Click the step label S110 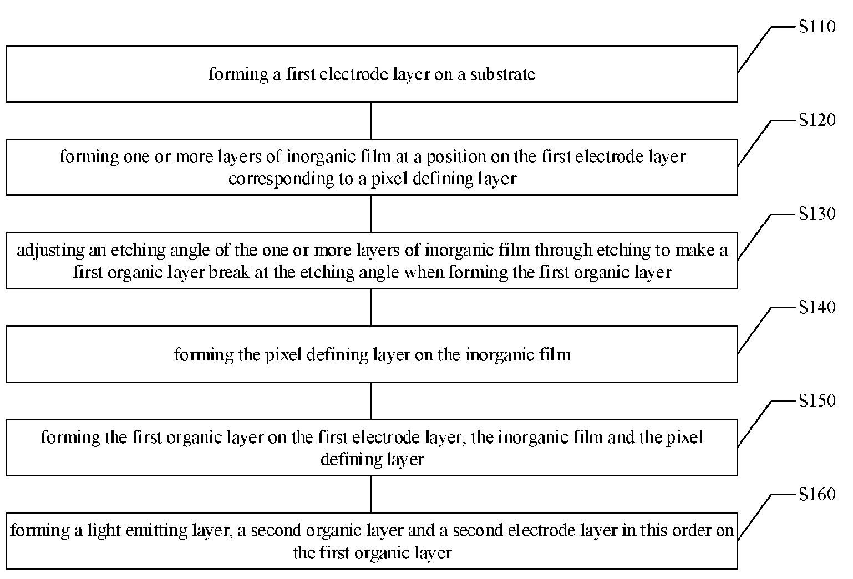(817, 27)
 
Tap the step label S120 (817, 120)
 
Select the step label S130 (817, 214)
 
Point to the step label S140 (817, 308)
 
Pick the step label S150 (817, 401)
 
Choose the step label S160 (817, 495)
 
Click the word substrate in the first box (502, 74)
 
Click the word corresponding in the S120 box (281, 179)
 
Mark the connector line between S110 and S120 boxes (371, 121)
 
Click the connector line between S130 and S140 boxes (371, 307)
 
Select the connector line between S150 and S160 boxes (371, 495)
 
